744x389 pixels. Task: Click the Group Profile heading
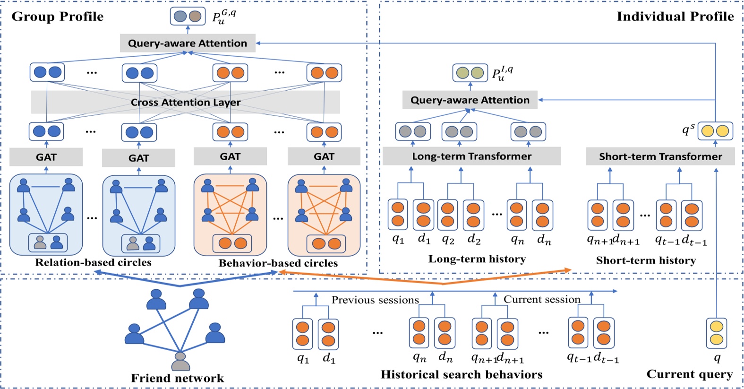tap(57, 17)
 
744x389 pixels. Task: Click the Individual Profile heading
tap(675, 17)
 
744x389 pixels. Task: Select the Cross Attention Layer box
tap(186, 102)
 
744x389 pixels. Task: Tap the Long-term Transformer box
tap(471, 156)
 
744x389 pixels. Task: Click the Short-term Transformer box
tap(660, 156)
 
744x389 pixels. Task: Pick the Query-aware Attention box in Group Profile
tap(188, 43)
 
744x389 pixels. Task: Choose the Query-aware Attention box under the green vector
tap(470, 100)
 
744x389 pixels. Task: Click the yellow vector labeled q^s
tap(715, 131)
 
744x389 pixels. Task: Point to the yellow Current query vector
tap(717, 333)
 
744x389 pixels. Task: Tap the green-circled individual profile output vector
tap(470, 73)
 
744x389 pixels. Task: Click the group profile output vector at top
tap(188, 17)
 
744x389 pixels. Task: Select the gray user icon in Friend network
tap(180, 361)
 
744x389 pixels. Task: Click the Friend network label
tap(177, 378)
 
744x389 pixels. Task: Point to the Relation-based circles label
tap(93, 263)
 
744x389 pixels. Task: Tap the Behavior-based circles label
tap(278, 263)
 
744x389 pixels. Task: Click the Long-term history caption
tap(477, 259)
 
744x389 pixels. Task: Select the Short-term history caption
tap(646, 260)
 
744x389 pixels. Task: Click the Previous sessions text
tap(375, 300)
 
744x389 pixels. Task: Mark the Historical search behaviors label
tap(462, 375)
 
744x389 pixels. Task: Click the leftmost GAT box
tap(46, 157)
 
